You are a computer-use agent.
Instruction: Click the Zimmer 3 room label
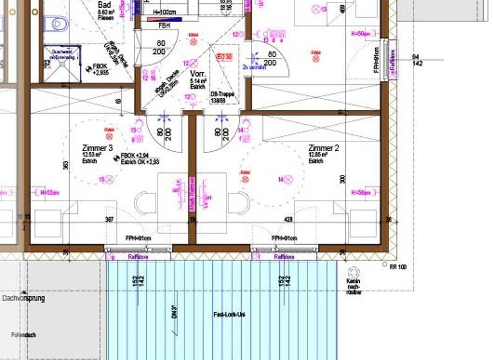(98, 148)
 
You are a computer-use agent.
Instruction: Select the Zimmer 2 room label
(324, 148)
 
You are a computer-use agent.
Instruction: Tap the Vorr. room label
(198, 75)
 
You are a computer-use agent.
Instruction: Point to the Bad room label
(104, 3)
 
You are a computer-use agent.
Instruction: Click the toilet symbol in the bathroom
(58, 24)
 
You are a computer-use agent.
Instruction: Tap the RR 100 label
(398, 266)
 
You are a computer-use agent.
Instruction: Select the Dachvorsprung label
(23, 298)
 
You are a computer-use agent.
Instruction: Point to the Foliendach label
(23, 335)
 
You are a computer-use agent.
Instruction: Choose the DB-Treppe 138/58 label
(223, 97)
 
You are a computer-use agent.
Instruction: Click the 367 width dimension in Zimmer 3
(109, 220)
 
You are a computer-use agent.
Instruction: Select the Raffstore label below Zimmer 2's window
(284, 256)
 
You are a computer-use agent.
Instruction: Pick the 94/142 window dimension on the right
(417, 60)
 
